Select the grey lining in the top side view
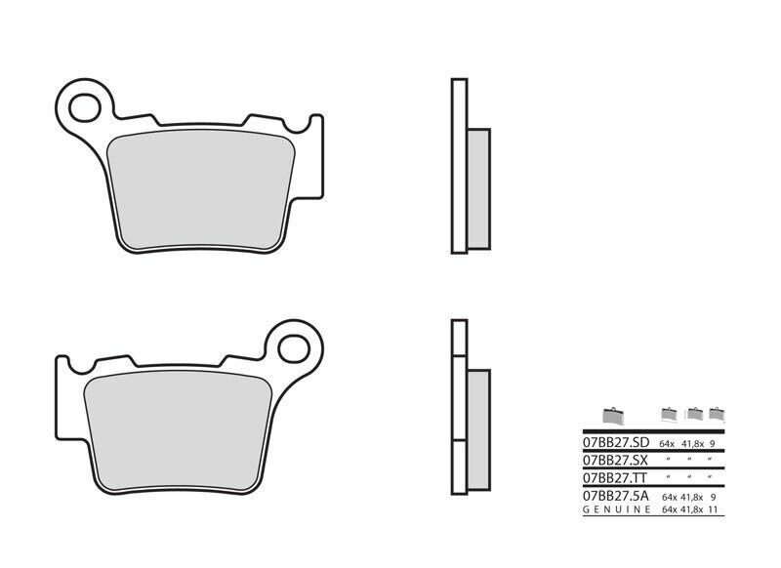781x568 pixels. pos(478,189)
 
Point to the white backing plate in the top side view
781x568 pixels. pos(456,166)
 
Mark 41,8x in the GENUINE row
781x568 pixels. pos(694,508)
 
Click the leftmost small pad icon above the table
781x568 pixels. pos(613,415)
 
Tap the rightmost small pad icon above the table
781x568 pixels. pos(718,413)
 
